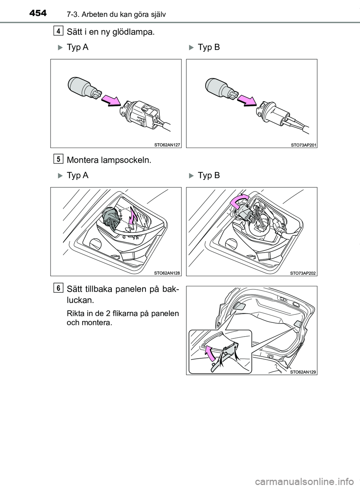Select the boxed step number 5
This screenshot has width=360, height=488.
click(x=58, y=159)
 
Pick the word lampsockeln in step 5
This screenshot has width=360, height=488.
click(x=128, y=160)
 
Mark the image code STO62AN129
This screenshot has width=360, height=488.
click(x=303, y=372)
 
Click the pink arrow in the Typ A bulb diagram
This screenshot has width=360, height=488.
click(x=111, y=100)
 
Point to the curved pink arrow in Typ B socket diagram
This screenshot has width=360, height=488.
click(x=238, y=202)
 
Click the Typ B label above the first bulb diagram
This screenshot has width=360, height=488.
click(x=208, y=47)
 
